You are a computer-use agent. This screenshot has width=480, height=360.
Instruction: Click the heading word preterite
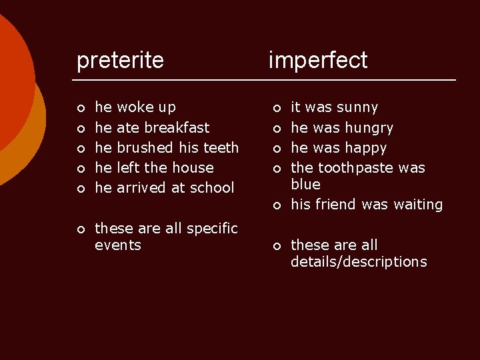pyautogui.click(x=120, y=61)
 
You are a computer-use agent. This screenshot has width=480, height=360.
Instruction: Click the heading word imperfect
pyautogui.click(x=317, y=61)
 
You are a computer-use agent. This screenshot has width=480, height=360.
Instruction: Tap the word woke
pyautogui.click(x=135, y=107)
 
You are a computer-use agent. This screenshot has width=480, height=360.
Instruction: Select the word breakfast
pyautogui.click(x=177, y=127)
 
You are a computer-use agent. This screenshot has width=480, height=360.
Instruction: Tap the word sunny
pyautogui.click(x=357, y=107)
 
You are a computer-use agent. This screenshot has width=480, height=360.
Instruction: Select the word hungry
pyautogui.click(x=368, y=127)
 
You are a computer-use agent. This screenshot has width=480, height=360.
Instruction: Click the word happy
pyautogui.click(x=365, y=147)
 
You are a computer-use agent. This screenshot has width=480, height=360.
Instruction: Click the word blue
pyautogui.click(x=305, y=184)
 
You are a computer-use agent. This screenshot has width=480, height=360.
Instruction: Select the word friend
pyautogui.click(x=337, y=205)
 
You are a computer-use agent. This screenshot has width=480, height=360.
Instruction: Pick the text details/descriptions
pyautogui.click(x=359, y=262)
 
